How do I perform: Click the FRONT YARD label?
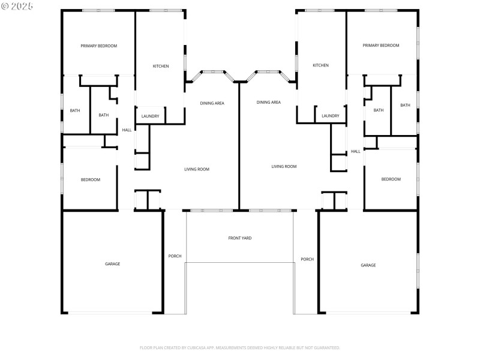239,238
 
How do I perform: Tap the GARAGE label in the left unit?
112,263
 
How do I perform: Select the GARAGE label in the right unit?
368,265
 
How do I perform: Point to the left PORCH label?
175,256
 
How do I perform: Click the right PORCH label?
307,259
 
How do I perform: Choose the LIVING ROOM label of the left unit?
196,169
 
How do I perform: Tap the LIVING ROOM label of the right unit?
284,166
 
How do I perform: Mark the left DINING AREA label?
212,103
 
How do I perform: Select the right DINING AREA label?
268,102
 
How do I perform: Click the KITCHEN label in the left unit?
160,66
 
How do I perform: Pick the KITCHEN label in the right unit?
320,65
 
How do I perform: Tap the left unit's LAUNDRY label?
150,116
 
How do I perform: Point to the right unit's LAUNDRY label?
330,116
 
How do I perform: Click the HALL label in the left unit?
127,130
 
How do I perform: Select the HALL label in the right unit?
355,151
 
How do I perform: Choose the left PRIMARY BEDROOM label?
99,46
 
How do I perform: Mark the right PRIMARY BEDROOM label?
380,46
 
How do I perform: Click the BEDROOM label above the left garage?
91,179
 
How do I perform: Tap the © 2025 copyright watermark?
17,5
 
